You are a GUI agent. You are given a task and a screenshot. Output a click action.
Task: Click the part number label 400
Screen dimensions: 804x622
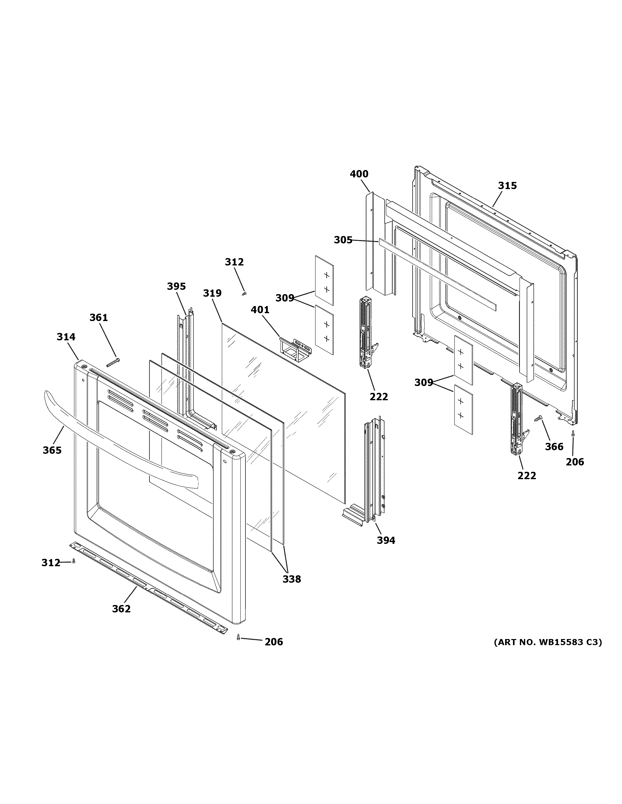[x=359, y=174]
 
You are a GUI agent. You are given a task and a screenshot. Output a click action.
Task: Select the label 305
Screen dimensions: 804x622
[x=343, y=240]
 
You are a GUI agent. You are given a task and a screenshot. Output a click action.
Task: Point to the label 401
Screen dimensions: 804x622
[x=260, y=310]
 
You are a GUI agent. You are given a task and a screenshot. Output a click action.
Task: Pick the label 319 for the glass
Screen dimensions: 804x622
[x=212, y=293]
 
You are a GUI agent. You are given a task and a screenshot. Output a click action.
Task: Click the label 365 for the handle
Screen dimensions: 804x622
[x=52, y=450]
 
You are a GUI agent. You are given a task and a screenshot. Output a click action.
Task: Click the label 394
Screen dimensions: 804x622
[x=386, y=540]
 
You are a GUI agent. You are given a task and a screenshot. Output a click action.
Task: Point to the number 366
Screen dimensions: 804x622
[x=554, y=447]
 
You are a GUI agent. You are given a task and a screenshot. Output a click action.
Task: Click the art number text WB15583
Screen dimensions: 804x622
[x=561, y=642]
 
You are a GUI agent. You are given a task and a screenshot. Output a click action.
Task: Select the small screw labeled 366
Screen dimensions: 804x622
[x=538, y=418]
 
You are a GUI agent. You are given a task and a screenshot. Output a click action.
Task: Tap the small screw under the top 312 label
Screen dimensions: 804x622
[x=244, y=293]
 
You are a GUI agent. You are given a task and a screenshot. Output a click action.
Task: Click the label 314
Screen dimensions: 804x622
[x=66, y=337]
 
